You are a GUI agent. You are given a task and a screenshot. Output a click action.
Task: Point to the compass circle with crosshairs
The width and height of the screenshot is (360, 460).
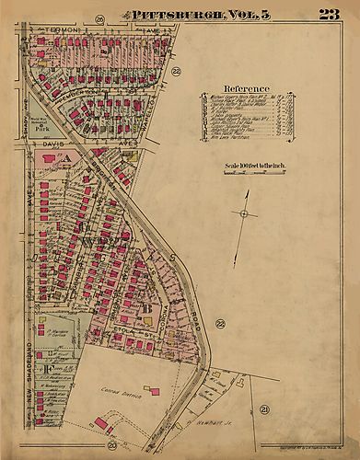coord(244,213)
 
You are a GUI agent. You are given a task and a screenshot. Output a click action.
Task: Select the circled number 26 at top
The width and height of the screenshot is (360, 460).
coord(99,19)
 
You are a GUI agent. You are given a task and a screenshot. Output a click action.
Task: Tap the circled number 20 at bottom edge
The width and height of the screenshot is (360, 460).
coord(111,445)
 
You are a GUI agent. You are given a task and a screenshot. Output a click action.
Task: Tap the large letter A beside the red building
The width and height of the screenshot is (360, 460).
coord(65,158)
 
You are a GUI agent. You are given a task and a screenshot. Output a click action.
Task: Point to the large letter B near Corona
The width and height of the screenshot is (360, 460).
coord(147,307)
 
